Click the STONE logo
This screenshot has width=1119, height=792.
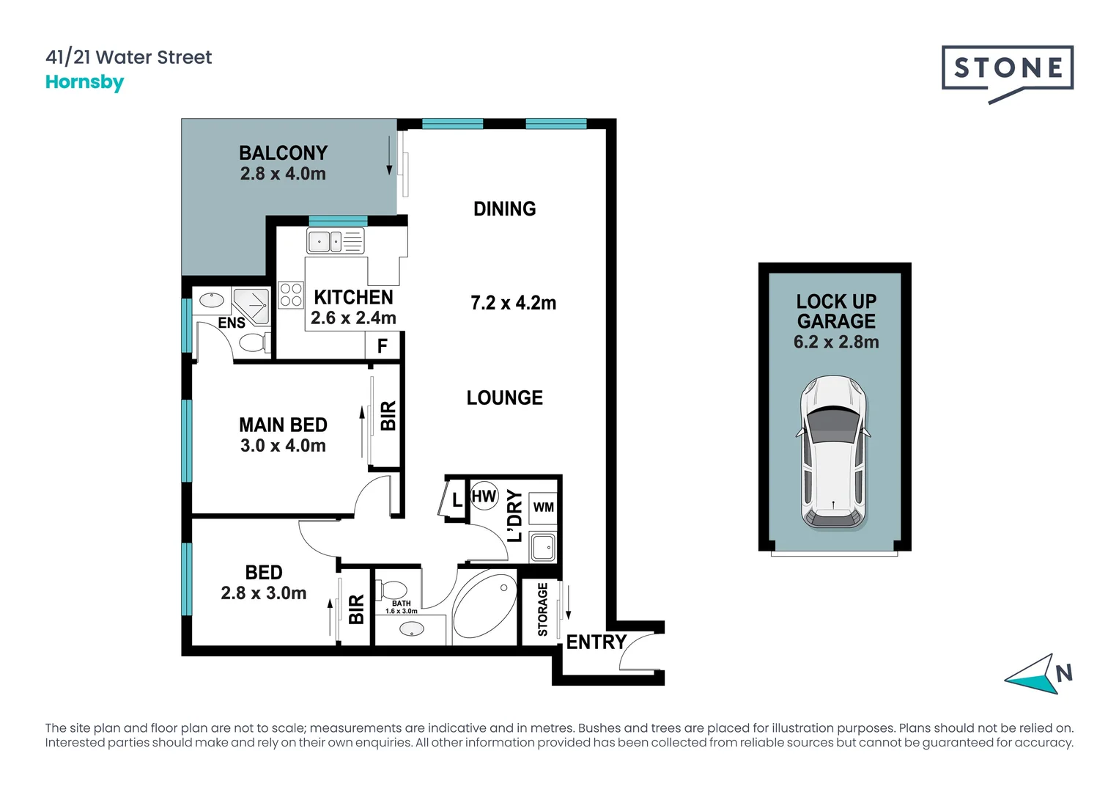pyautogui.click(x=1007, y=75)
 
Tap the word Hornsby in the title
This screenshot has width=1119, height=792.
pyautogui.click(x=84, y=82)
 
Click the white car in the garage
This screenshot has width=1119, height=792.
pyautogui.click(x=833, y=452)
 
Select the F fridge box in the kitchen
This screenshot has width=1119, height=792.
pyautogui.click(x=383, y=345)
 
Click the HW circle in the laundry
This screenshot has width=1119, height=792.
pyautogui.click(x=484, y=496)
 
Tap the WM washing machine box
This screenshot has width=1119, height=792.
pyautogui.click(x=543, y=507)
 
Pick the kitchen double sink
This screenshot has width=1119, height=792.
pyautogui.click(x=335, y=241)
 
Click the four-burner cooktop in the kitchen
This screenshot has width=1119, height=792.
pyautogui.click(x=290, y=295)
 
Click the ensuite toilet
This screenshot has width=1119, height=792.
pyautogui.click(x=254, y=343)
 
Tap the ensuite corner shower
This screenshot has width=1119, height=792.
pyautogui.click(x=251, y=307)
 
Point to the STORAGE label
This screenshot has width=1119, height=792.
pyautogui.click(x=542, y=609)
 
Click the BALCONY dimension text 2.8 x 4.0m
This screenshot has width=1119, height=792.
pyautogui.click(x=283, y=174)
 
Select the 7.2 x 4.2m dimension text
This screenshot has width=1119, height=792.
pyautogui.click(x=513, y=303)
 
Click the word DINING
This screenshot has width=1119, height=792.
pyautogui.click(x=505, y=209)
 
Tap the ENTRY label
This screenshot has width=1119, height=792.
pyautogui.click(x=596, y=642)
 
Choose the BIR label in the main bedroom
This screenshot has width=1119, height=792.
pyautogui.click(x=388, y=416)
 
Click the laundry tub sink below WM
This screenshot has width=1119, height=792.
pyautogui.click(x=543, y=546)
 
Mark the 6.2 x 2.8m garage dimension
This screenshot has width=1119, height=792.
pyautogui.click(x=836, y=342)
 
